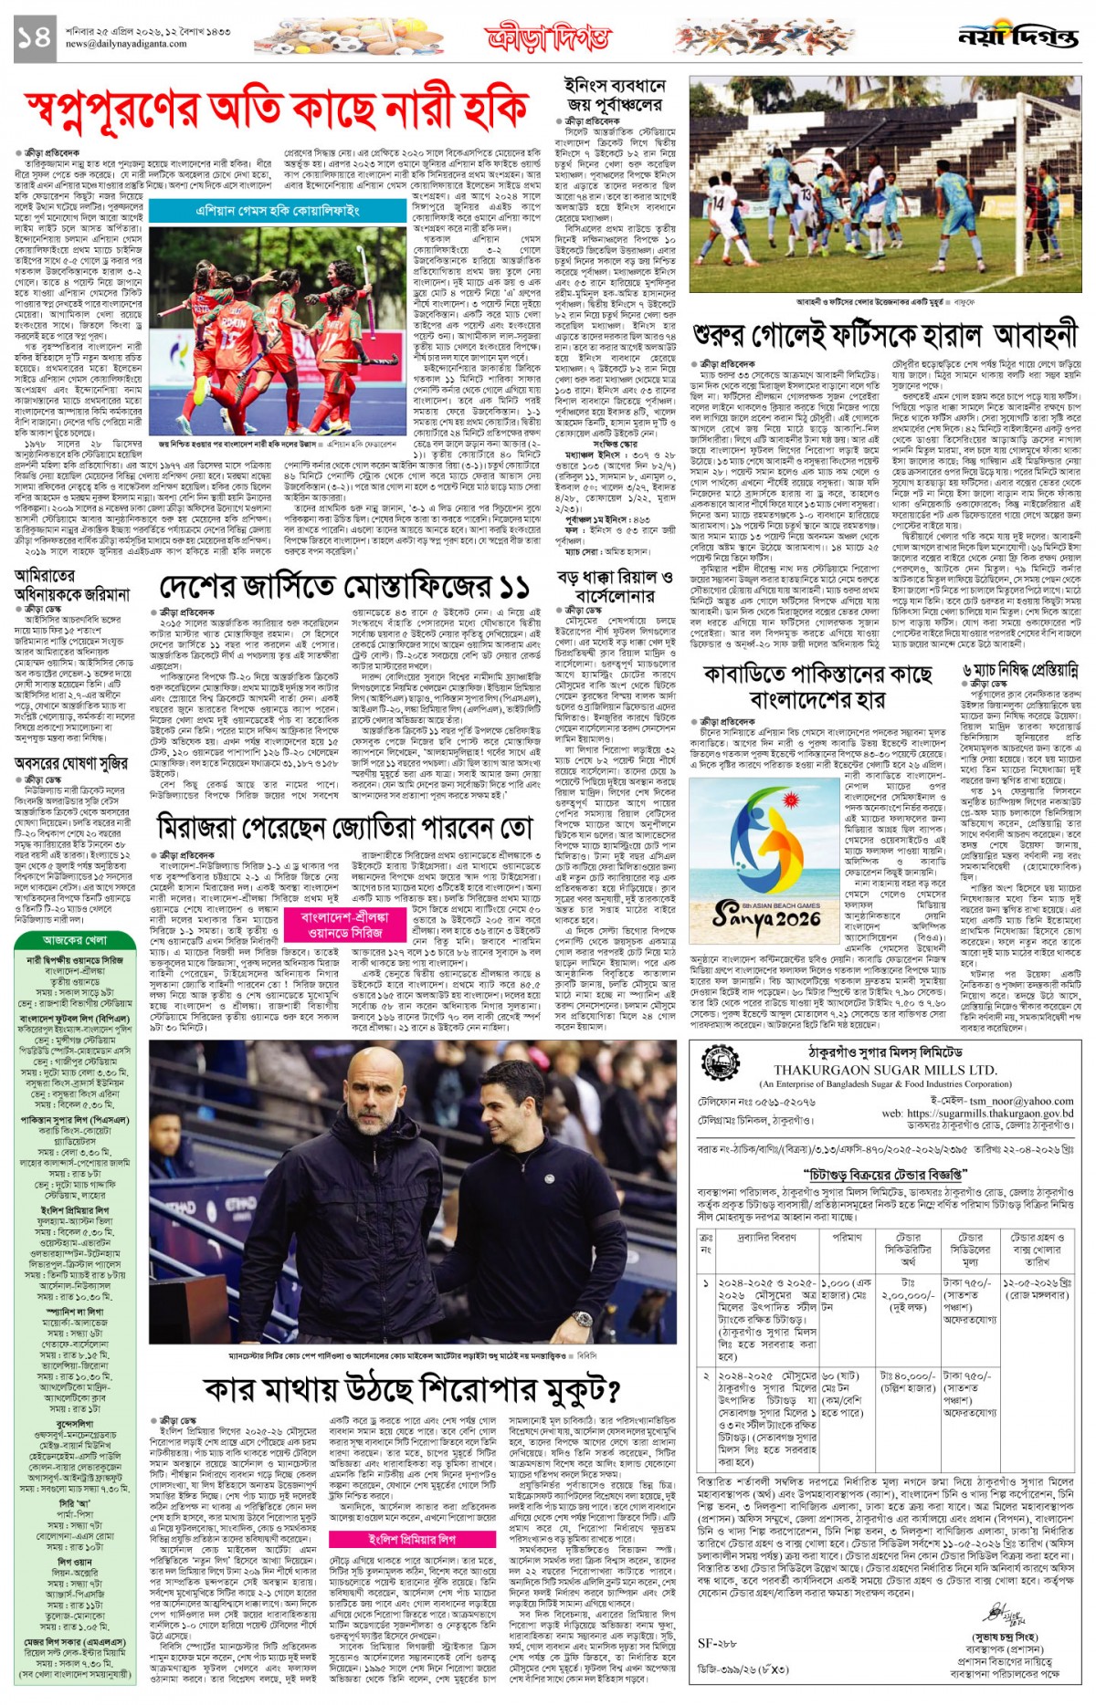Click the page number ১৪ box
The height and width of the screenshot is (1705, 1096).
tap(35, 38)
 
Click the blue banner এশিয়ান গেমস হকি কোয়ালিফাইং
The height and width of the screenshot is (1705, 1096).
tap(278, 211)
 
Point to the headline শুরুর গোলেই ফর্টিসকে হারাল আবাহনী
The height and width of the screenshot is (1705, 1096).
tap(884, 335)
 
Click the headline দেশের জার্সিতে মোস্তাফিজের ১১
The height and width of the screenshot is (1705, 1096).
tap(344, 588)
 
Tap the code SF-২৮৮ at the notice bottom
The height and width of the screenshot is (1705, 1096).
tap(717, 1643)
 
